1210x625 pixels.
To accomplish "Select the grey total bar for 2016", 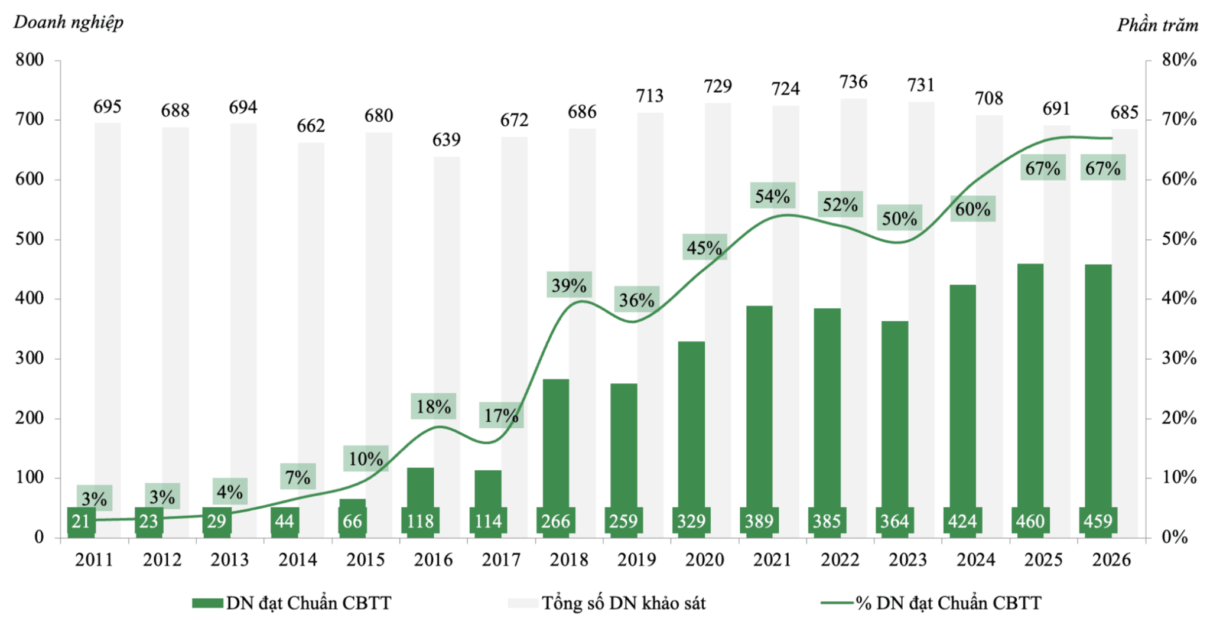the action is (447, 347).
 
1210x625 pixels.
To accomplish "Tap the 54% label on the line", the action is (772, 196).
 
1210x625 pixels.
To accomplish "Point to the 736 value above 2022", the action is (853, 82).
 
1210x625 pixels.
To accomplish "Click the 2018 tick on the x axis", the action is (569, 559).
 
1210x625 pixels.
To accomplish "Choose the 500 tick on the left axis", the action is (30, 239).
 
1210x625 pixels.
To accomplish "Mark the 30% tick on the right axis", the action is (1179, 358).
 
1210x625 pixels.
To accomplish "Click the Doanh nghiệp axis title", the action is (69, 22).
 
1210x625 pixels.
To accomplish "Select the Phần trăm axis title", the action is (1157, 25).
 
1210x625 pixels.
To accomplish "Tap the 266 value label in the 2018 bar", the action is (555, 521).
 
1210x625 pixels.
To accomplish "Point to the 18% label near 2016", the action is (434, 406).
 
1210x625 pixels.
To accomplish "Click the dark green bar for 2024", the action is (962, 411).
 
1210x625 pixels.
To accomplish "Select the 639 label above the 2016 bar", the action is (446, 140).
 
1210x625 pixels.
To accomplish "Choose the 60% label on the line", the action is (972, 209).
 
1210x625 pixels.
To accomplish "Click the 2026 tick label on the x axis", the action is (1111, 559).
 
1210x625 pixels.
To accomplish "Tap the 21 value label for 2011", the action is (81, 521).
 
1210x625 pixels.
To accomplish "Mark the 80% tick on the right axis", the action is (1179, 60).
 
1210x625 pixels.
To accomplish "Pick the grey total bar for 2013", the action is (243, 330).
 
